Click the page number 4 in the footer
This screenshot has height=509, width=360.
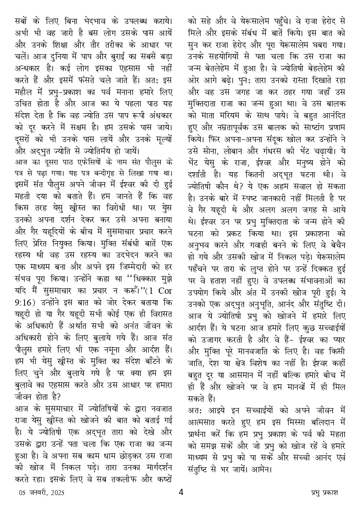click(181, 491)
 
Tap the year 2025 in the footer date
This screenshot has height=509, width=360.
click(57, 492)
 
